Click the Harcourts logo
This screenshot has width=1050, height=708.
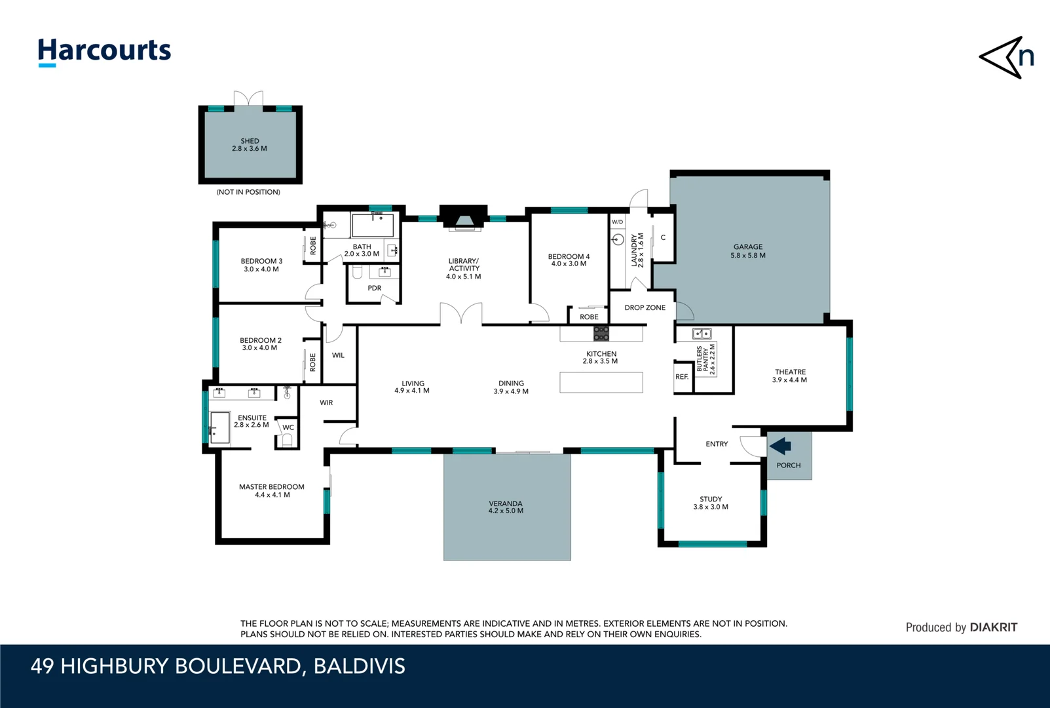tap(104, 51)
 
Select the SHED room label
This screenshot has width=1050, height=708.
tap(250, 141)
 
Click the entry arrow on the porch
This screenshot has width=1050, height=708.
tap(780, 446)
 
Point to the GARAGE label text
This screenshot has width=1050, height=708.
tap(748, 247)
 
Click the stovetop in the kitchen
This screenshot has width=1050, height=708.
tap(601, 333)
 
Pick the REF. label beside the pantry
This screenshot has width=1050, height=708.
tap(682, 377)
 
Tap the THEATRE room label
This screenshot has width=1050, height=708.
tap(790, 372)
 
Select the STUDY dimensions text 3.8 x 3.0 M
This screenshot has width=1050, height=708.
tap(711, 507)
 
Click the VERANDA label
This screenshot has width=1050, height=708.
tap(506, 503)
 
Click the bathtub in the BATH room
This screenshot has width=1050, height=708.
tap(373, 225)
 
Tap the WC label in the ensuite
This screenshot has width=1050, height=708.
tap(288, 427)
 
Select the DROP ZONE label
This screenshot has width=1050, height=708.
tap(645, 307)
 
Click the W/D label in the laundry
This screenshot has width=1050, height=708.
tap(617, 222)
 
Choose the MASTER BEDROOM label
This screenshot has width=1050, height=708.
tap(271, 486)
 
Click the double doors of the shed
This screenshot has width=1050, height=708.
tap(249, 99)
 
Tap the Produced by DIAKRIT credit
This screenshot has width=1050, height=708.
tap(961, 627)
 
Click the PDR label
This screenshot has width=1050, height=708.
tap(374, 288)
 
